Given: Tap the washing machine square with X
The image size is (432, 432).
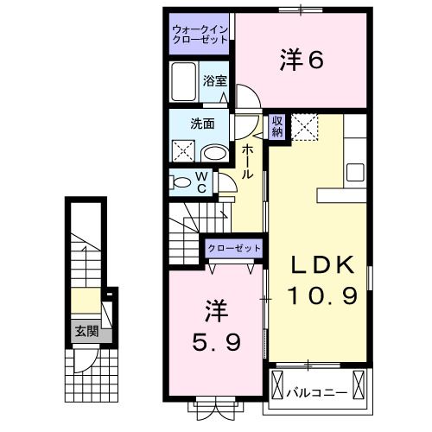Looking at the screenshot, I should pyautogui.click(x=183, y=152).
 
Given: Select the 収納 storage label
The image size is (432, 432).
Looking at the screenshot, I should pyautogui.click(x=277, y=127).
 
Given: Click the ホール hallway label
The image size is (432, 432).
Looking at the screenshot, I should pyautogui.click(x=247, y=162).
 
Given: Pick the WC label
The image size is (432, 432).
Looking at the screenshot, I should pyautogui.click(x=200, y=182).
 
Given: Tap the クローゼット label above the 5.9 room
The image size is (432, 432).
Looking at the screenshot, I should pyautogui.click(x=233, y=249).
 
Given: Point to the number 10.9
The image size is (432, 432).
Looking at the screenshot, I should pyautogui.click(x=317, y=297).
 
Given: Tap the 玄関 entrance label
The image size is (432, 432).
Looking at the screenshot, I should pyautogui.click(x=85, y=330).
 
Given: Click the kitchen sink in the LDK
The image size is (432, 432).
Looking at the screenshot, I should pyautogui.click(x=356, y=171).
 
